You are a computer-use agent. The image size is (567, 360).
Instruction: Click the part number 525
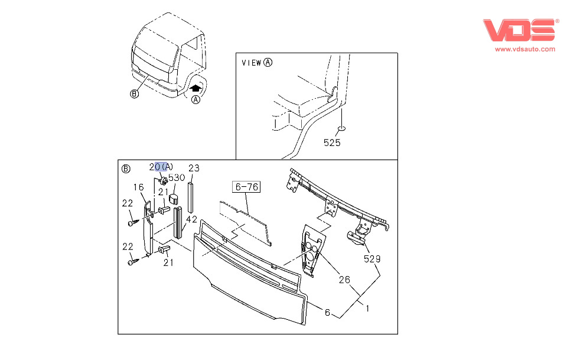[331, 142]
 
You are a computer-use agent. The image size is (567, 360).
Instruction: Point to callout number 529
[372, 259]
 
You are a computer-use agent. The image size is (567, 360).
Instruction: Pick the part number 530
[177, 177]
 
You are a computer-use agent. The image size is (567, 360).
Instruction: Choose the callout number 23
[194, 167]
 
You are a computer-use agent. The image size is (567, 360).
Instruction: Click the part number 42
[191, 219]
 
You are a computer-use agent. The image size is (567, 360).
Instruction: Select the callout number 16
[138, 187]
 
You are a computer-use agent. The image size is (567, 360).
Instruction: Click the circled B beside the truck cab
[135, 93]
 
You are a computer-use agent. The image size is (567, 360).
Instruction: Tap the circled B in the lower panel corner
[126, 168]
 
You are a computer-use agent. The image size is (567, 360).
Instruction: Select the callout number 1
[367, 308]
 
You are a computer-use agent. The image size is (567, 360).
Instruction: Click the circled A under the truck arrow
[196, 100]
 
